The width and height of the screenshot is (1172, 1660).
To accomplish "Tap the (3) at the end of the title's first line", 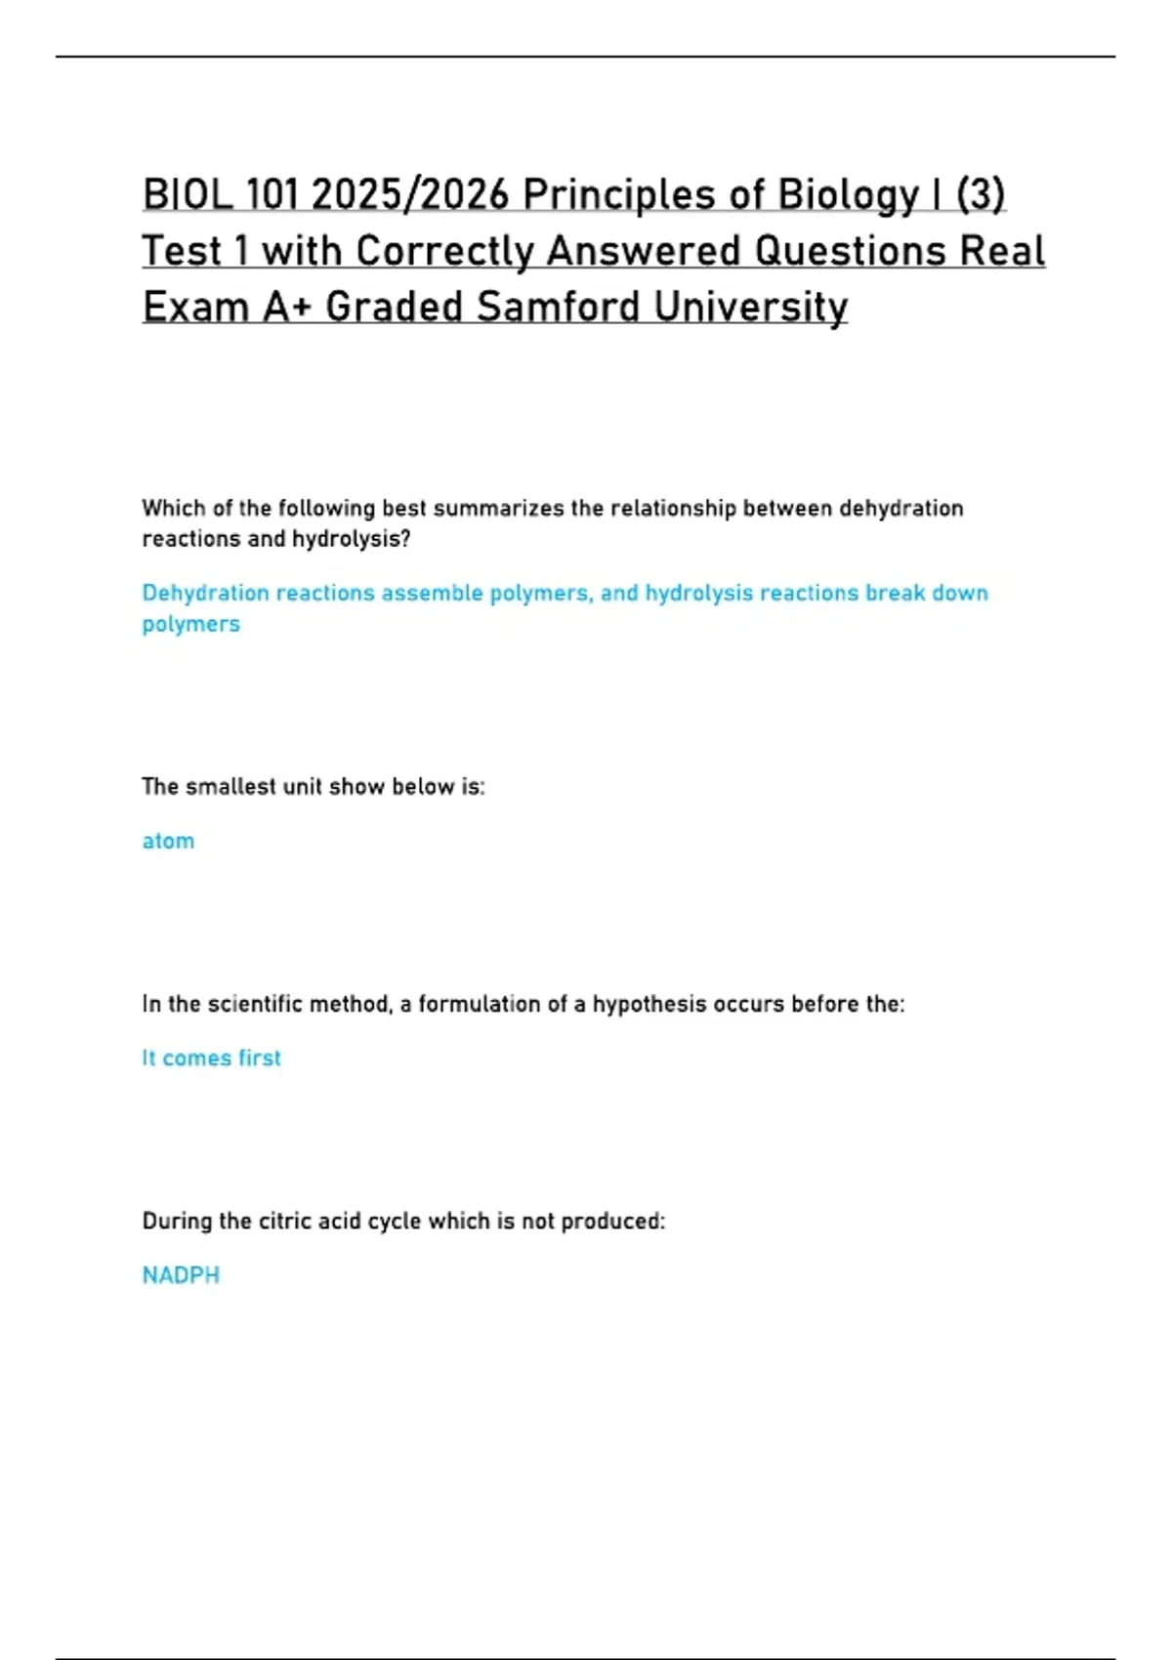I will click(x=980, y=195).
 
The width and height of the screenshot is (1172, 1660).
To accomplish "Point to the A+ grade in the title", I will click(x=287, y=308).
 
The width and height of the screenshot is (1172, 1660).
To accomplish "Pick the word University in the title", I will click(x=751, y=308).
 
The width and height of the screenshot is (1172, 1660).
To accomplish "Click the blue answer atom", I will click(x=168, y=842).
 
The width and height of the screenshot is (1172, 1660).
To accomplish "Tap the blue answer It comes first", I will click(x=211, y=1058).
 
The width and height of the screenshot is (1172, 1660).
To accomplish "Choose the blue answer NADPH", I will click(x=181, y=1276).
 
